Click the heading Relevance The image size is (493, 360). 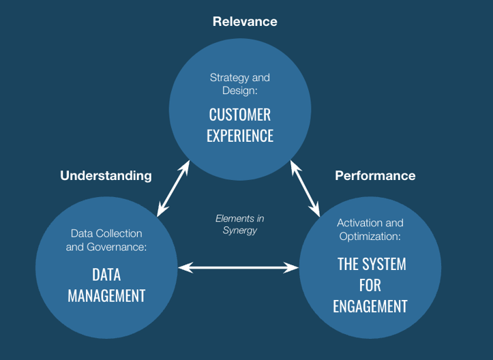pyautogui.click(x=245, y=22)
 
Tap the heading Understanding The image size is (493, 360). pyautogui.click(x=106, y=176)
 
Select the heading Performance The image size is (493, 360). pyautogui.click(x=375, y=176)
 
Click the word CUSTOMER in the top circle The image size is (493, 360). pyautogui.click(x=240, y=115)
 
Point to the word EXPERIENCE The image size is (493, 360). pyautogui.click(x=240, y=136)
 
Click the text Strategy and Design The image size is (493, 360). pyautogui.click(x=240, y=84)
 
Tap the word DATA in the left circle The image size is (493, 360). pyautogui.click(x=106, y=275)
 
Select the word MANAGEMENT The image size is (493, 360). pyautogui.click(x=106, y=296)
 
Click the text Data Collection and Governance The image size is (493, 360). pyautogui.click(x=106, y=241)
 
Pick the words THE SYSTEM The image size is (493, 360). pyautogui.click(x=372, y=265)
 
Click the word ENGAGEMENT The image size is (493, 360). pyautogui.click(x=370, y=306)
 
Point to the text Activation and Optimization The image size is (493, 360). pyautogui.click(x=370, y=230)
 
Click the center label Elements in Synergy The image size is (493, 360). pyautogui.click(x=240, y=224)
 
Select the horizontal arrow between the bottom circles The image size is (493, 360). pyautogui.click(x=238, y=268)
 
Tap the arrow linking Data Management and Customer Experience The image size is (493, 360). pyautogui.click(x=173, y=189)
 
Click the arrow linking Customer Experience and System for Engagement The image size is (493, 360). pyautogui.click(x=305, y=187)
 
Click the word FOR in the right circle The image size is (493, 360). pyautogui.click(x=371, y=286)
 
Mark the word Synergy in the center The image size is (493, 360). pyautogui.click(x=240, y=230)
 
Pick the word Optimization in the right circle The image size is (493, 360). pyautogui.click(x=369, y=236)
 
